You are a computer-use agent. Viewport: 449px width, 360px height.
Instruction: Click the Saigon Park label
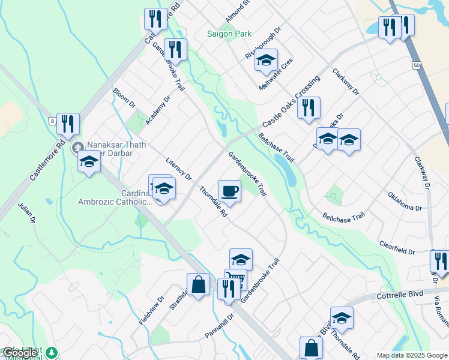point(229,34)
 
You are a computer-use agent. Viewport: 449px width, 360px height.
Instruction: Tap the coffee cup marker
point(229,191)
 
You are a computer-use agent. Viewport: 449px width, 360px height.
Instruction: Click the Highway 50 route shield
point(416,64)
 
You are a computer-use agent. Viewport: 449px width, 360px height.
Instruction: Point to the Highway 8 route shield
point(53,121)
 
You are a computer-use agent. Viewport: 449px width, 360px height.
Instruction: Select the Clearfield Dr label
point(397,248)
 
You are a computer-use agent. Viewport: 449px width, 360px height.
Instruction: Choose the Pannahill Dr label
point(218,325)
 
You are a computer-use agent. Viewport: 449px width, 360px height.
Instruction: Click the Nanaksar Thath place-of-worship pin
point(77,147)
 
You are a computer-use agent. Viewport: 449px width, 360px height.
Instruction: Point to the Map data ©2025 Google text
point(412,355)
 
